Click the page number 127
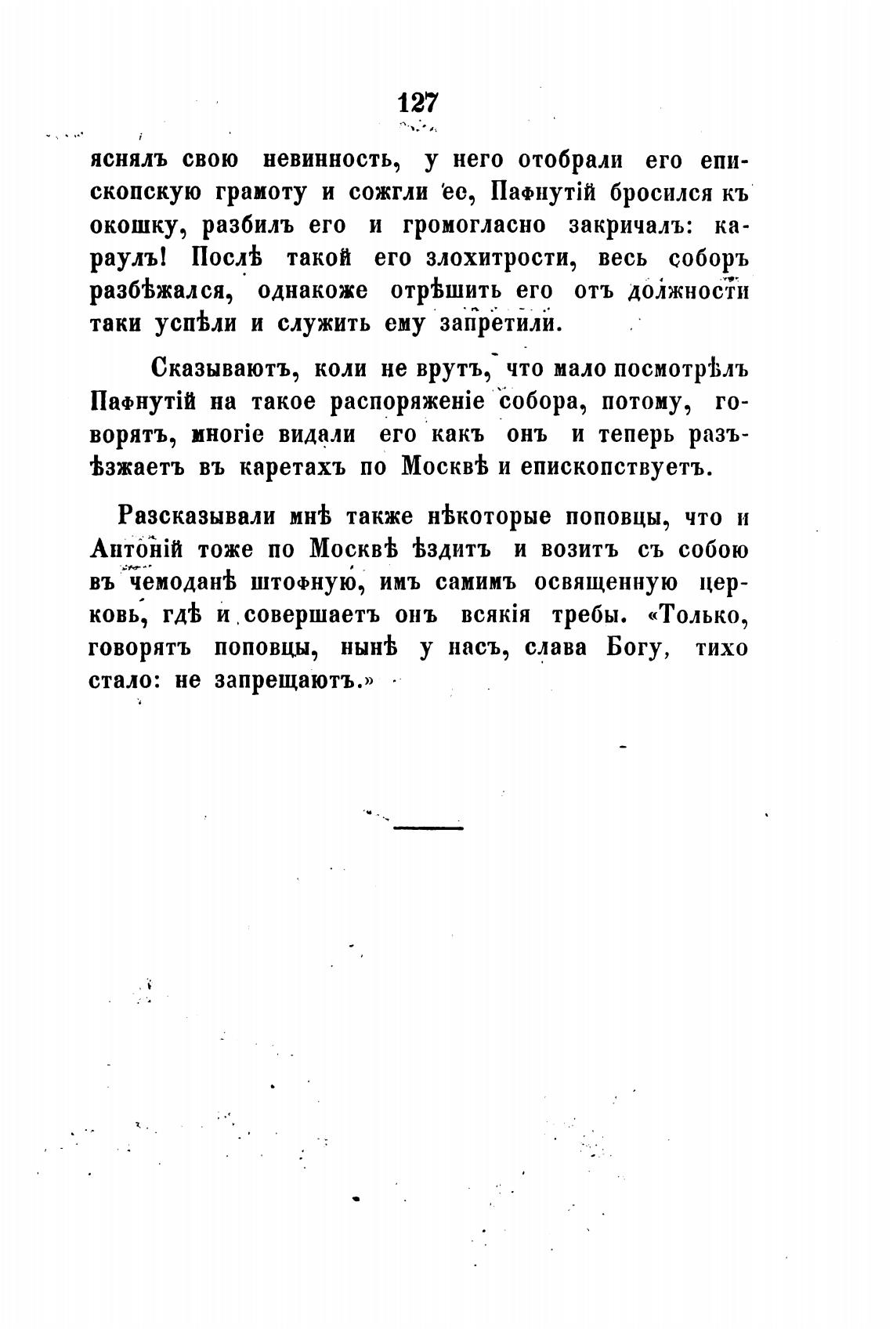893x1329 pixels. coord(419,103)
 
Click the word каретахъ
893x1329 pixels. coord(291,466)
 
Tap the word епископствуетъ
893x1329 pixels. coord(612,466)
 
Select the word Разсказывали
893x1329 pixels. coord(198,517)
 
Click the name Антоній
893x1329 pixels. coord(135,550)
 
